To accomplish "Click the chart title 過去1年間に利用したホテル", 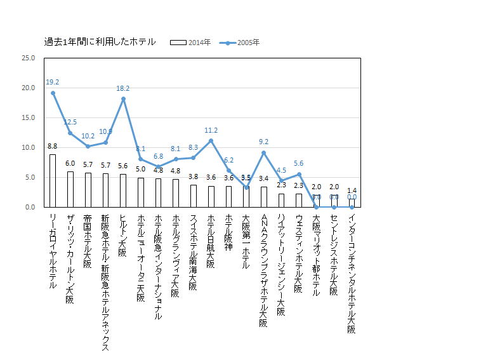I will click(x=100, y=42).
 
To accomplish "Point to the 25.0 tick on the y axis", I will click(x=28, y=58).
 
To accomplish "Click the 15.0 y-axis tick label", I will click(x=28, y=117).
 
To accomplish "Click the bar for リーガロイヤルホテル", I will click(x=53, y=181).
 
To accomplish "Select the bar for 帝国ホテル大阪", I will click(x=88, y=190).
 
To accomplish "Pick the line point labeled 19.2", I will click(x=53, y=93).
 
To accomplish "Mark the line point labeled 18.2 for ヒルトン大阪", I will click(x=123, y=98).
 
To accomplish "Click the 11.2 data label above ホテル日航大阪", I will click(x=211, y=130).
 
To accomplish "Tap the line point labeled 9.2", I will click(x=263, y=152).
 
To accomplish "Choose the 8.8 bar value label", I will click(x=53, y=147).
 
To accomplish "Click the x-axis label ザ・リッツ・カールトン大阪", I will click(x=70, y=260).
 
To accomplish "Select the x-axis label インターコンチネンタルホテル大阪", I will click(x=352, y=274).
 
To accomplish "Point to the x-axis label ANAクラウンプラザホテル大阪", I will click(x=264, y=270).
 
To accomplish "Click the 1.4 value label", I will click(x=352, y=190).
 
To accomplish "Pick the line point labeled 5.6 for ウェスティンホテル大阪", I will click(x=299, y=174).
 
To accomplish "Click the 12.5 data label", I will click(x=70, y=122).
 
